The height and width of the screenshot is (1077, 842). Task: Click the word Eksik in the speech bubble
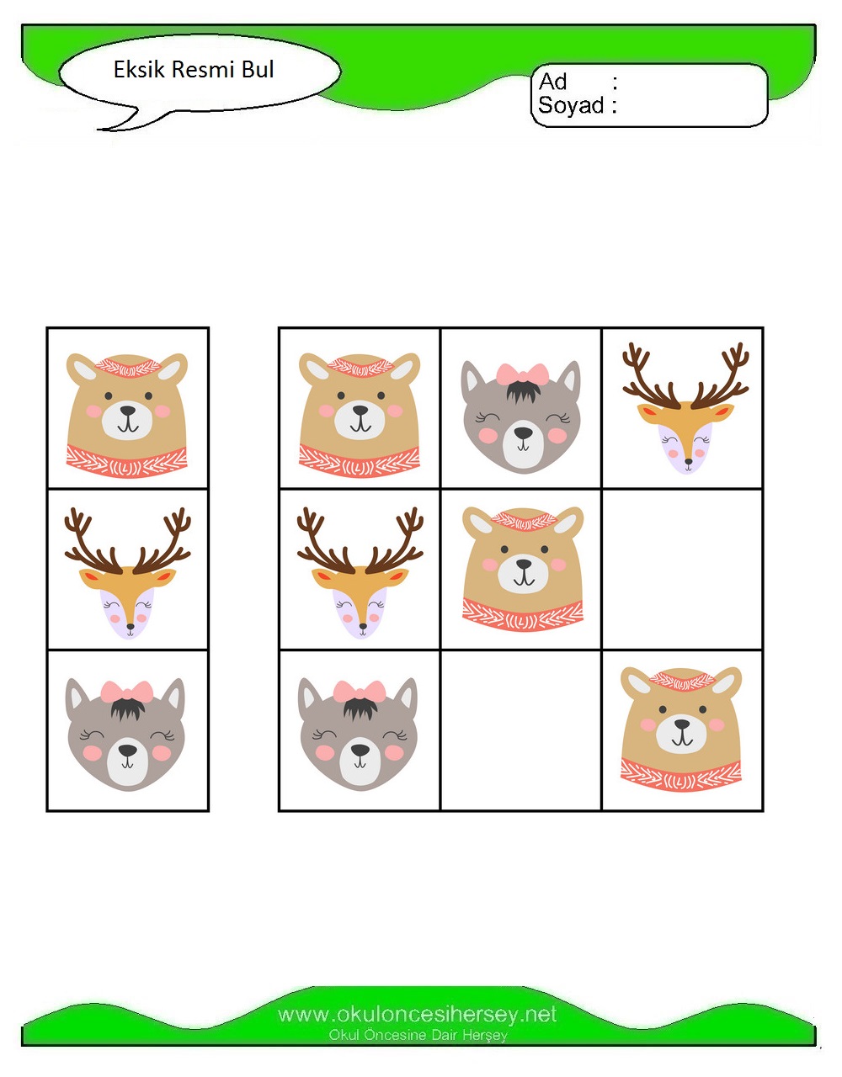139,69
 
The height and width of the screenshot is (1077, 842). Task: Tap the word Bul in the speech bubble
258,69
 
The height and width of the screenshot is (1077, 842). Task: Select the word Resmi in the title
203,69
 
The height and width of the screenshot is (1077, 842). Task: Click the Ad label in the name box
552,82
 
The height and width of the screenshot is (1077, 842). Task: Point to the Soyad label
571,105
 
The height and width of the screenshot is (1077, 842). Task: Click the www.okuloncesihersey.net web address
417,1015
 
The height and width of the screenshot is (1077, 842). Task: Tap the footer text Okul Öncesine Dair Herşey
418,1035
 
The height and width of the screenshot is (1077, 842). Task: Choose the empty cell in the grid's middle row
682,570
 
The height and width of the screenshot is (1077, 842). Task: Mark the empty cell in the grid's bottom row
520,730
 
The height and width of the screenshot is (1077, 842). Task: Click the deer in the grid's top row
685,408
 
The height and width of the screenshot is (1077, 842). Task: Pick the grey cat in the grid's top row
520,417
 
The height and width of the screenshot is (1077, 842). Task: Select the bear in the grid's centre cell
523,569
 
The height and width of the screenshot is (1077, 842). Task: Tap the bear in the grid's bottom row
681,729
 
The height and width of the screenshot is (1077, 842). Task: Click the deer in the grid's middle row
360,573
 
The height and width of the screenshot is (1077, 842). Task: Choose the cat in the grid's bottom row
358,735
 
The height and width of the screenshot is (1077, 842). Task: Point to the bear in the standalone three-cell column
127,416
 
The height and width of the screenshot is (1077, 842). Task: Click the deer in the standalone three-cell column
127,573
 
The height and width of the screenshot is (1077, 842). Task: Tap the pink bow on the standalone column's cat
127,692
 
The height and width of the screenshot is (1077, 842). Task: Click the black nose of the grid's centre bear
524,564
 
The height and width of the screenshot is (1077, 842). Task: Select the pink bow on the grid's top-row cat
523,374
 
